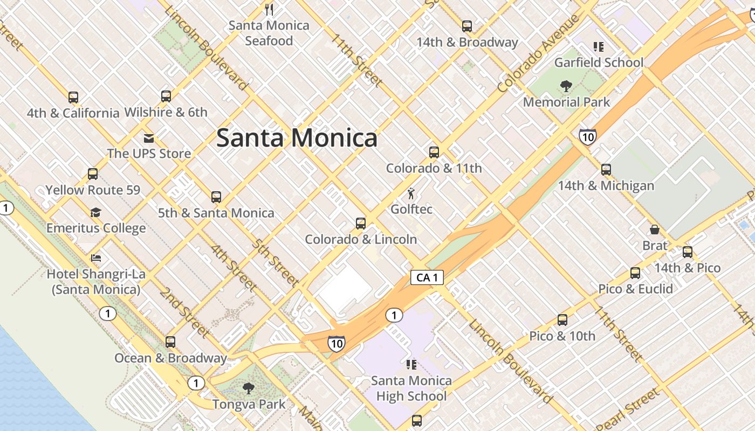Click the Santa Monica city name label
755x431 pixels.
point(297,138)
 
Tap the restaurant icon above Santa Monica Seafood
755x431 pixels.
point(270,9)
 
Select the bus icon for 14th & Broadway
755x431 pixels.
point(467,26)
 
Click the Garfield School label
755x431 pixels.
point(599,62)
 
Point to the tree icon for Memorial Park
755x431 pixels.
point(566,86)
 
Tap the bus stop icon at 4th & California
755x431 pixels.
point(73,98)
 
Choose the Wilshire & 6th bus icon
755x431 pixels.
point(166,96)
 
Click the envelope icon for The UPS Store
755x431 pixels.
point(149,138)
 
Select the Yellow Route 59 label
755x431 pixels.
point(93,190)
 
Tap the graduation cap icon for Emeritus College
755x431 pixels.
point(95,212)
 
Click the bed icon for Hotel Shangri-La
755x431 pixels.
point(96,258)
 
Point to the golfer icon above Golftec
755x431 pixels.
point(411,193)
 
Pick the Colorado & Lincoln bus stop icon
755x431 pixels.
point(361,223)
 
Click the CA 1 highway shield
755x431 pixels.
point(427,277)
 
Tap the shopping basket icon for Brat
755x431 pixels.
point(655,230)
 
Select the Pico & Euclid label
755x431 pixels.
point(635,289)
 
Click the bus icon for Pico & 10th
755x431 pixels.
point(562,320)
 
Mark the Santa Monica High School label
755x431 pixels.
point(411,388)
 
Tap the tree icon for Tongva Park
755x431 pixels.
point(248,388)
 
